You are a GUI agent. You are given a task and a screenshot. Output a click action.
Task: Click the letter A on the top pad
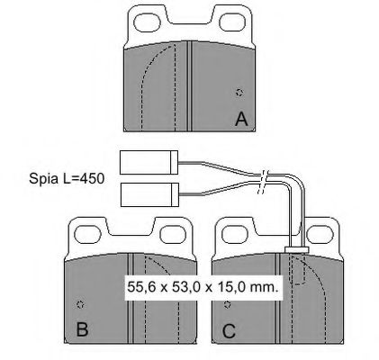pos(241,119)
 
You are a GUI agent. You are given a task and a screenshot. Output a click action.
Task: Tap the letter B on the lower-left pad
pos(82,328)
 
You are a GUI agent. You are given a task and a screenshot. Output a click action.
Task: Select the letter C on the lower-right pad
pos(229,331)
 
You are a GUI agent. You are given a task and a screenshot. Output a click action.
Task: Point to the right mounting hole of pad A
pos(230,22)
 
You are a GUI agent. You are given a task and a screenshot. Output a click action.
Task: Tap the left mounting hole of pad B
pos(87,235)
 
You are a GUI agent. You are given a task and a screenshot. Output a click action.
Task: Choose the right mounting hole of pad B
pos(171,235)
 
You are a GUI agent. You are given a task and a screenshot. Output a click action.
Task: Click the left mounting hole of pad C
pos(235,234)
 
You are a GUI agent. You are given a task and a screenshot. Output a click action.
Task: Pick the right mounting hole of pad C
pos(318,234)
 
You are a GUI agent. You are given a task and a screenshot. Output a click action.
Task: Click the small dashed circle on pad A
pos(239,93)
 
